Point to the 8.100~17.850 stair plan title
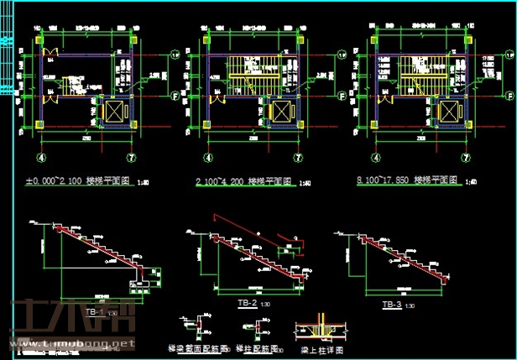[407, 180]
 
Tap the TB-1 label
[93, 312]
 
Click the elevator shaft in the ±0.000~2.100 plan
[112, 110]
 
